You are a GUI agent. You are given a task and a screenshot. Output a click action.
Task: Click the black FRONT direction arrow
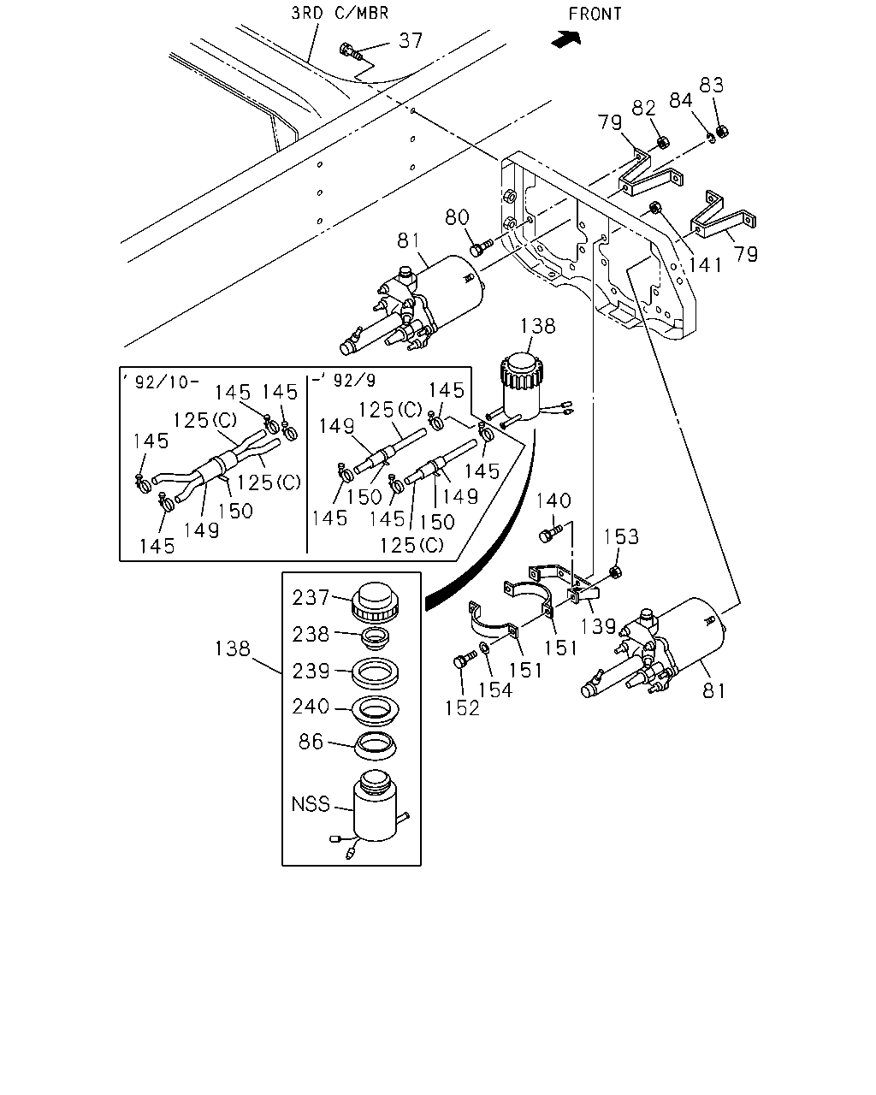566,38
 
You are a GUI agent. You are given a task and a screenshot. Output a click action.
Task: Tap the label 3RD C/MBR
340,13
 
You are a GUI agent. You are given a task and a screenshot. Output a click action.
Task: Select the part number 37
411,41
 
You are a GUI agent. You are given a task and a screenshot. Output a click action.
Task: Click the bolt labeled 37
351,50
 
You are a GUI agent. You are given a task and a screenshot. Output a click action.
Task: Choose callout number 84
681,100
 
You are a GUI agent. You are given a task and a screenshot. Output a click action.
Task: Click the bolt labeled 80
481,248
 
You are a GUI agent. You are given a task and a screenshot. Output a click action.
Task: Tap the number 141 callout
705,265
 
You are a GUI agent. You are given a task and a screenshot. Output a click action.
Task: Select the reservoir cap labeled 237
375,602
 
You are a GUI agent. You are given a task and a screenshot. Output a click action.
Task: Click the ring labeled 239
375,673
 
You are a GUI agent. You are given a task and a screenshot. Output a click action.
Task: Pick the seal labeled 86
376,747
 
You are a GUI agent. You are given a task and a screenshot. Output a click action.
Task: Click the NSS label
311,804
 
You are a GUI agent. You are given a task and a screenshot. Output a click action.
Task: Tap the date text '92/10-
161,382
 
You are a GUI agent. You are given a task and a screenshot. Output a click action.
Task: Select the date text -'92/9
344,380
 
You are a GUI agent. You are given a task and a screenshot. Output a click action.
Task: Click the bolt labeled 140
550,534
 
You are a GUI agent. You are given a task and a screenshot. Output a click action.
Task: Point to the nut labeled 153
615,572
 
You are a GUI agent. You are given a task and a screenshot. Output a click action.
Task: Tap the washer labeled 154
483,648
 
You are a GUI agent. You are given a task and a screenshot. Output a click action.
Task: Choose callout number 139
598,626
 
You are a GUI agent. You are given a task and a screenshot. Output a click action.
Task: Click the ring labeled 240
376,709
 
